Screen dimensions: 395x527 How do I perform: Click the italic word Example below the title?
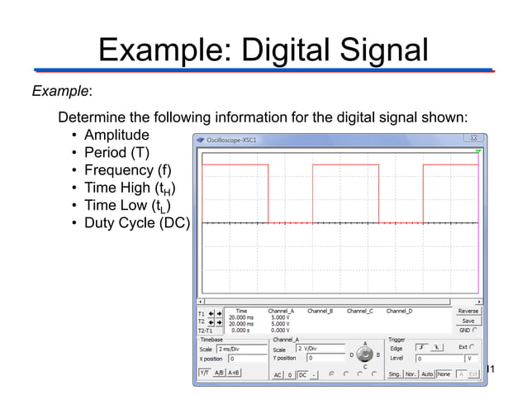coord(59,89)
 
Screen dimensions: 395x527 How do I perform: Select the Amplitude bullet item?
coord(116,135)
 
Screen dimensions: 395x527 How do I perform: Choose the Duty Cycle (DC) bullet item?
coord(136,224)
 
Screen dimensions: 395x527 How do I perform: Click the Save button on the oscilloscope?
coord(468,321)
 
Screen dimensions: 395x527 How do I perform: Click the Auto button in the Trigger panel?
coord(427,374)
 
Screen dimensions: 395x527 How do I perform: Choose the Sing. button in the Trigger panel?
coord(395,374)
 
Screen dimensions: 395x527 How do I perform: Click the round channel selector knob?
coord(364,355)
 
